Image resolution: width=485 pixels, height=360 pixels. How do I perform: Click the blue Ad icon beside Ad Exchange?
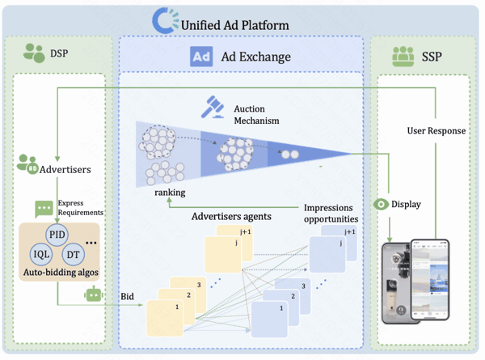click(x=201, y=57)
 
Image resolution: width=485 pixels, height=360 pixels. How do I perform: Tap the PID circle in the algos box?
click(x=57, y=235)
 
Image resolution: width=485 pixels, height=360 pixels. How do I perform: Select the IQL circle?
click(x=41, y=255)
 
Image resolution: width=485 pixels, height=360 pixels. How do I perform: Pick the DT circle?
click(x=74, y=255)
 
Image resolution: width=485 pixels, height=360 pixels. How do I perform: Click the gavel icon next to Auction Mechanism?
click(x=213, y=107)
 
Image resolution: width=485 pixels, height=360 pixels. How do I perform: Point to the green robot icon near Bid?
click(x=94, y=294)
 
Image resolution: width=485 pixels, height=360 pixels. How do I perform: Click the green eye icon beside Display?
click(x=381, y=205)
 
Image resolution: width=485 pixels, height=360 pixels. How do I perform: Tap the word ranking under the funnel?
click(x=170, y=193)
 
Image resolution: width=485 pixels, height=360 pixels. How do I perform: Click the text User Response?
click(x=436, y=130)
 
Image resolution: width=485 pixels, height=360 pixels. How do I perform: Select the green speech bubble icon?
click(x=44, y=209)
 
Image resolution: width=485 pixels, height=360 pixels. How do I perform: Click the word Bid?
click(x=127, y=296)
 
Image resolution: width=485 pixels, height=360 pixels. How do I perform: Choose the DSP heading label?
click(x=59, y=53)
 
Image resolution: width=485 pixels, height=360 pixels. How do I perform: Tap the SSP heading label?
click(x=432, y=57)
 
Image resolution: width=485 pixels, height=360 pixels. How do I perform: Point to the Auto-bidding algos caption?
click(x=61, y=272)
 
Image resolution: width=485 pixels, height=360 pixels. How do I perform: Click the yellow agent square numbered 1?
click(x=165, y=318)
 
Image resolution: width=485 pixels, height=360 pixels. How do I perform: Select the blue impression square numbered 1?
click(x=269, y=320)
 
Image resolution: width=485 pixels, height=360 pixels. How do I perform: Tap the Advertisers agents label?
click(x=231, y=216)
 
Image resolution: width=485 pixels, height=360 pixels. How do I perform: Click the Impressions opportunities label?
click(x=331, y=213)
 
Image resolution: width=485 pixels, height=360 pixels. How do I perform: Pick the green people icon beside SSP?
click(x=403, y=57)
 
